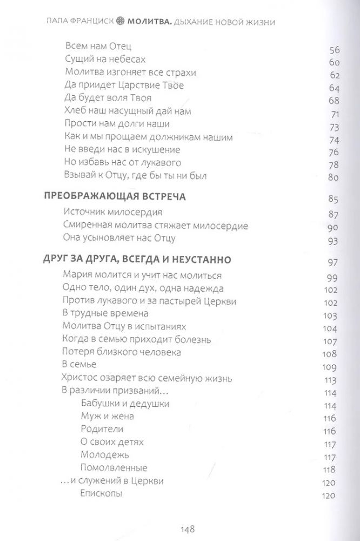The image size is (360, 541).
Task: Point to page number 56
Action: point(334,51)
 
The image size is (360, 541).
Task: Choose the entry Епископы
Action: point(101,493)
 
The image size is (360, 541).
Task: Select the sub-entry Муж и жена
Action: point(107,417)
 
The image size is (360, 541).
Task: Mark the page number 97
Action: point(334,263)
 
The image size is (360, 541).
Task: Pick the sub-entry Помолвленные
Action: point(113,467)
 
